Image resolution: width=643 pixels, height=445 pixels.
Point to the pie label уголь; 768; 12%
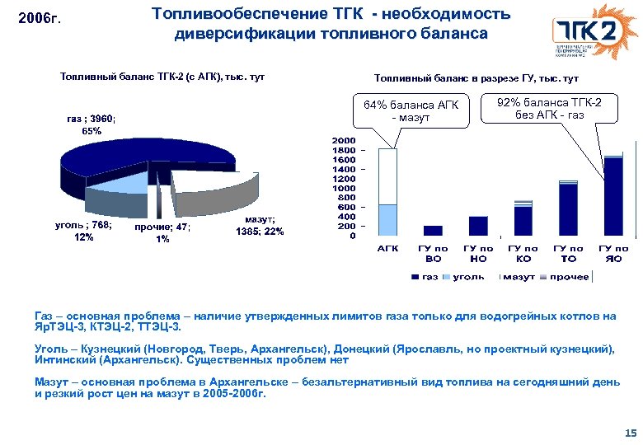(x=83, y=231)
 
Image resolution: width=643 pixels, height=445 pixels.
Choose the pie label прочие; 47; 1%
(x=162, y=233)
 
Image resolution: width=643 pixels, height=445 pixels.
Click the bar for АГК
(x=387, y=193)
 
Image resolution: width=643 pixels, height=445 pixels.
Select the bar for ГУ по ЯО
(x=613, y=196)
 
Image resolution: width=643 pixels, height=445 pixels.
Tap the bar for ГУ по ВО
(x=433, y=231)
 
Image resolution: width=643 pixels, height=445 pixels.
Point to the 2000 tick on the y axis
(x=345, y=141)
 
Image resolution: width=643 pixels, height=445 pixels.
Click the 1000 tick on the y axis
(x=345, y=189)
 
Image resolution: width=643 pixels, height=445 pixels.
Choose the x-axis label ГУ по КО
(x=523, y=253)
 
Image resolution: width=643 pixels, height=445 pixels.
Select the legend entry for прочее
(x=569, y=277)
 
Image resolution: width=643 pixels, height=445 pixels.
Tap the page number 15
(x=631, y=433)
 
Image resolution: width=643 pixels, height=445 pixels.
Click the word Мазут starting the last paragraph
(x=52, y=382)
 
